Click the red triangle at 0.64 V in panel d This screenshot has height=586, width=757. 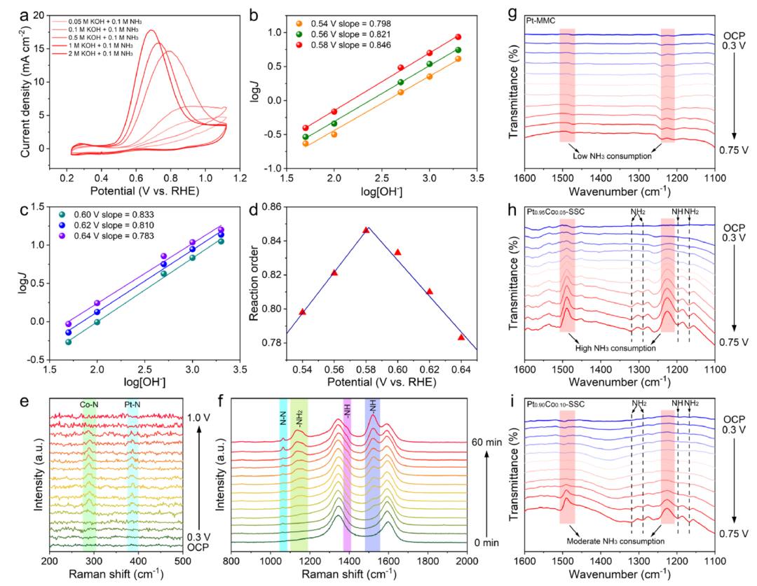tap(461, 337)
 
